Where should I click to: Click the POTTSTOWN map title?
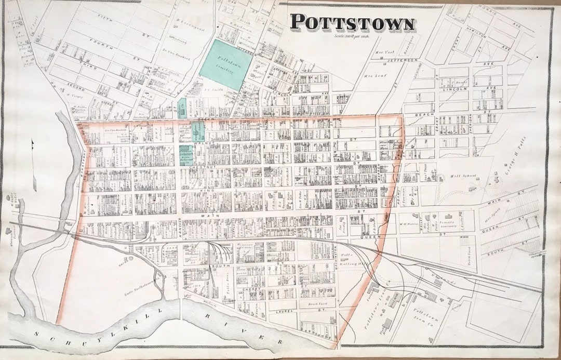click(x=352, y=23)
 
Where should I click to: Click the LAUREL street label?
click(x=288, y=312)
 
